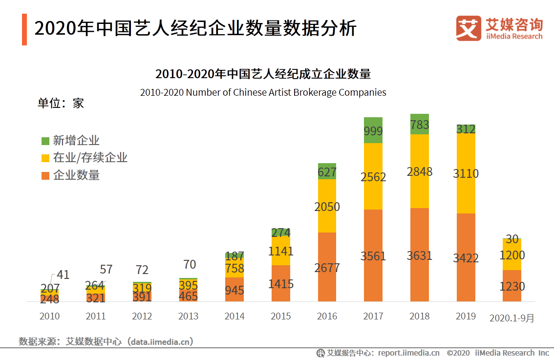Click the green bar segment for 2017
coord(373,130)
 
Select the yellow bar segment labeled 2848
coord(419,171)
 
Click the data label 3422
coord(466,258)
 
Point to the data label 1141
coord(281,251)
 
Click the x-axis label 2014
coord(234,316)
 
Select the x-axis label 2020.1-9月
coord(512,318)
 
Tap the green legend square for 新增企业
coord(45,141)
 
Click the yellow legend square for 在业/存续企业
coord(45,158)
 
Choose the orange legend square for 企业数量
coord(45,175)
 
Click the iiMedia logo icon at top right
coord(469,29)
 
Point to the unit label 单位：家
coord(61,103)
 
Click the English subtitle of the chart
coord(263,92)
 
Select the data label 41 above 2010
coord(63,275)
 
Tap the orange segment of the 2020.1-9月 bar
coord(512,286)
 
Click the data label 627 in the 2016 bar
coord(327,172)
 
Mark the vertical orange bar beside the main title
coord(24,30)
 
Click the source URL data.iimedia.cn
coord(159,341)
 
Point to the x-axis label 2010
coord(49,316)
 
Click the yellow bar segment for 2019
coord(466,173)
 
